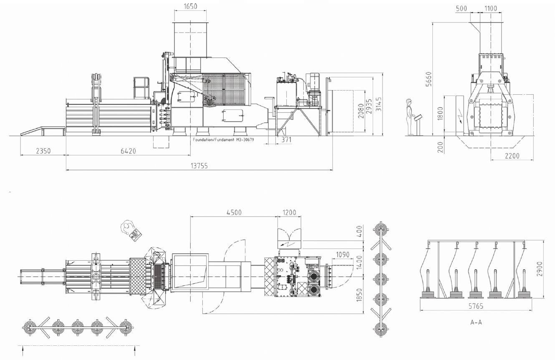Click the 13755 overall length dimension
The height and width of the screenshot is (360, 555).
pos(199,166)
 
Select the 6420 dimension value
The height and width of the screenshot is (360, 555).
pos(129,151)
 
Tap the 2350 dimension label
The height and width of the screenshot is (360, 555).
pos(43,151)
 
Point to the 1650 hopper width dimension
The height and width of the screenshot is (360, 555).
pos(191,6)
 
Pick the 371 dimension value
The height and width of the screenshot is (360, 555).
pos(286,140)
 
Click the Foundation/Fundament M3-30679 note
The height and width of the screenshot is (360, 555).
pos(224,140)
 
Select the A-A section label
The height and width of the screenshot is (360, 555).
pos(476,322)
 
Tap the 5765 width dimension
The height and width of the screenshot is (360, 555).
pos(476,306)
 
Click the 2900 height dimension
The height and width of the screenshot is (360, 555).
pos(540,269)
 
